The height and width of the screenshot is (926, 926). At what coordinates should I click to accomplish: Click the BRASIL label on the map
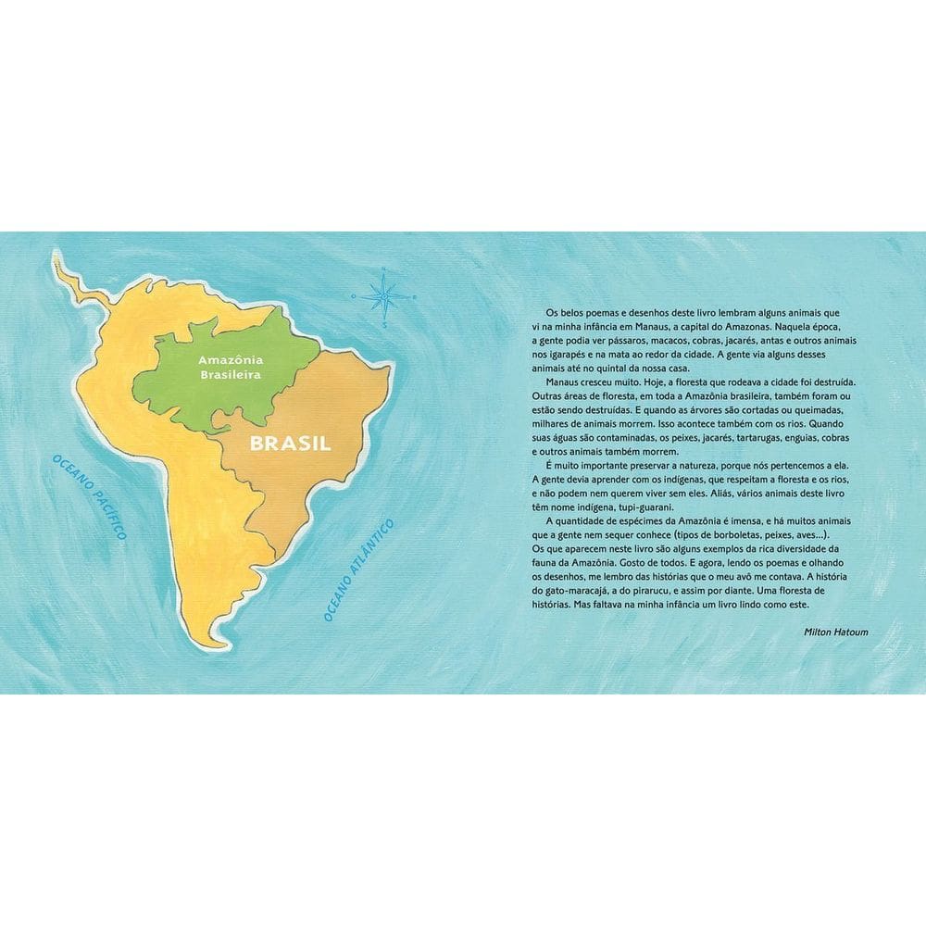[x=291, y=443]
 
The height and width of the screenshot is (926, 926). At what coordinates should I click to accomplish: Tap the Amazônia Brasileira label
[x=232, y=367]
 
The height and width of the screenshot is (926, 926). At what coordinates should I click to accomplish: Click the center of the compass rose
[x=381, y=296]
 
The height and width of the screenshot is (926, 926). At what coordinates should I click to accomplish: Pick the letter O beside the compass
[x=354, y=296]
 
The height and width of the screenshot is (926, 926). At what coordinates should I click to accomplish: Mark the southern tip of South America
[x=219, y=651]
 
